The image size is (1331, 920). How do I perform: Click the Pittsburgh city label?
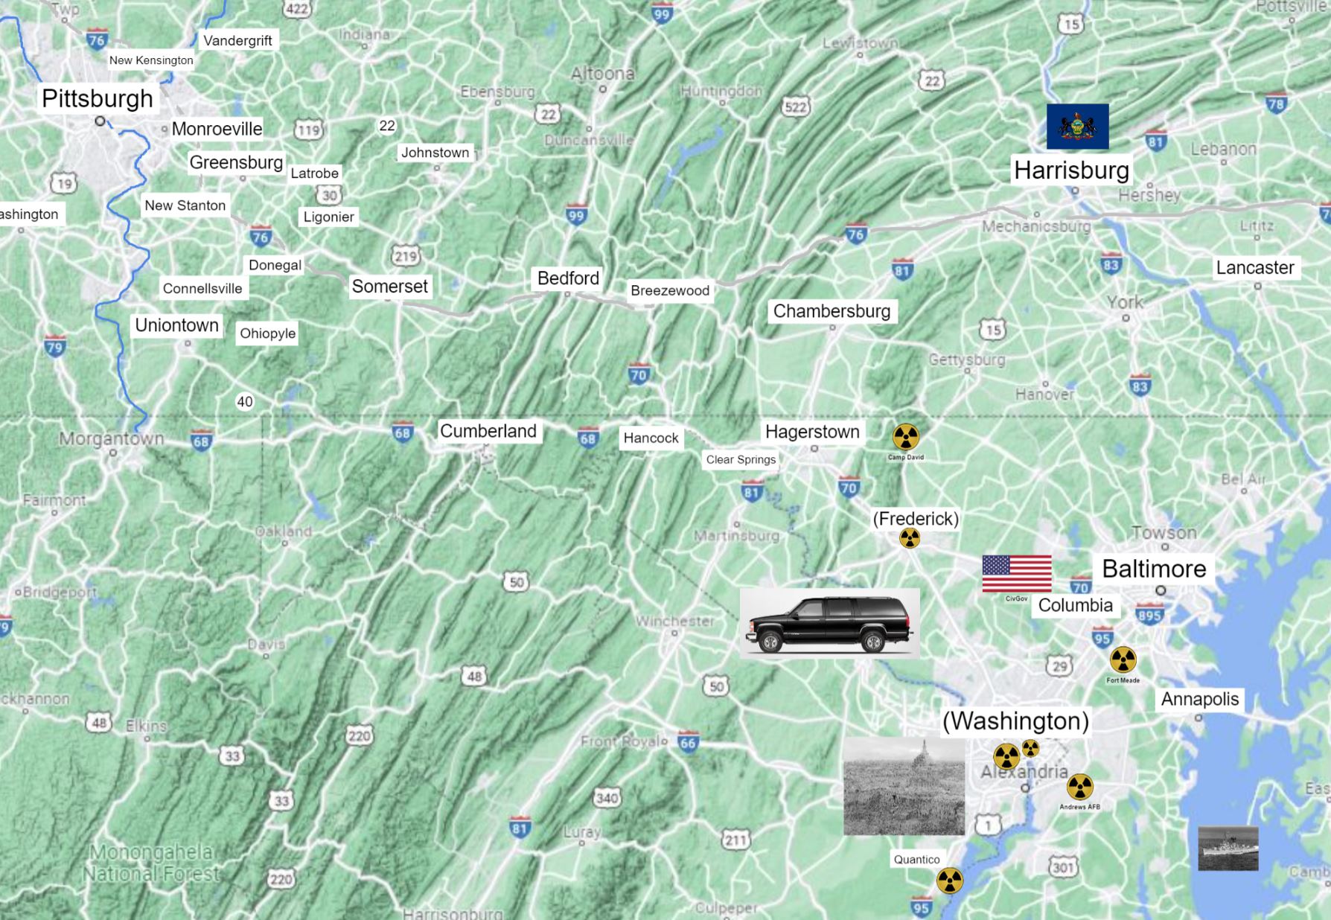pos(98,98)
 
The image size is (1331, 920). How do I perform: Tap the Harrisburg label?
pos(1071,170)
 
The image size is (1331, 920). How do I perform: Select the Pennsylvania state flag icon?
pos(1077,127)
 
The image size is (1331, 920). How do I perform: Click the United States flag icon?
pos(1017,574)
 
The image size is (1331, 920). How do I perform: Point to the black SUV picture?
pos(829,624)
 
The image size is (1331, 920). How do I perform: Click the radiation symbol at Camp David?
pos(906,437)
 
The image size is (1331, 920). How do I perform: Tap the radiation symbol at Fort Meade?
pos(1123,659)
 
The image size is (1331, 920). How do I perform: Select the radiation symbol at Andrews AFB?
pos(1079,787)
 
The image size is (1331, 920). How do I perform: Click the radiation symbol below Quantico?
pos(949,881)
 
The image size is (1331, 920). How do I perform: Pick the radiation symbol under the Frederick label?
pos(909,537)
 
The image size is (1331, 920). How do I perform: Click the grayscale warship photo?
pos(1228,848)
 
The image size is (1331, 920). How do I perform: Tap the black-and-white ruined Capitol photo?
pos(904,787)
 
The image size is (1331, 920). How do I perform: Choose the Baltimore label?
pos(1154,569)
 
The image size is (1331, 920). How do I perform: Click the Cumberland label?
pos(488,431)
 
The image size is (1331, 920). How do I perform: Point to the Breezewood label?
pos(670,290)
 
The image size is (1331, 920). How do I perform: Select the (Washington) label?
pos(1015,721)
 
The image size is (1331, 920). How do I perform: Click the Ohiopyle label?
pos(268,333)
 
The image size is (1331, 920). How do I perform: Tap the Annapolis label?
pos(1200,699)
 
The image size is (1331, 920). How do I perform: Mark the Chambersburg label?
pos(832,311)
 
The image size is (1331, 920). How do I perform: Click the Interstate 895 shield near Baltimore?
pos(1149,616)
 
